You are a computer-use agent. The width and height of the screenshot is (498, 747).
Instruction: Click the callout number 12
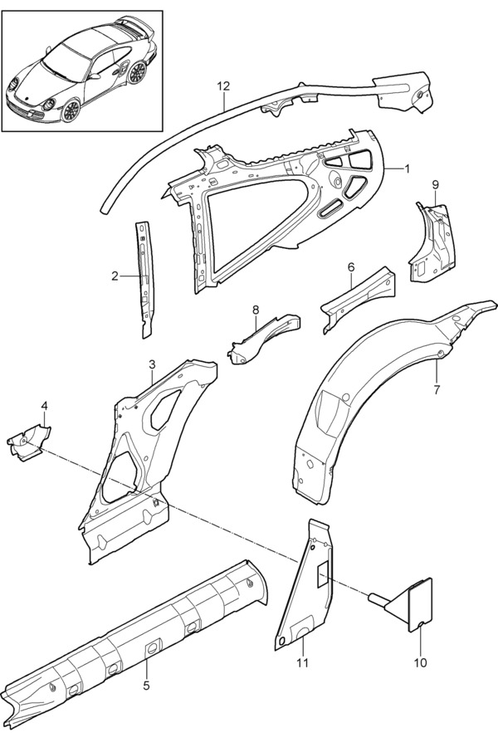(x=223, y=86)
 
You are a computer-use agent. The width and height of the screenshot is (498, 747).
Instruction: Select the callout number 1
(x=407, y=169)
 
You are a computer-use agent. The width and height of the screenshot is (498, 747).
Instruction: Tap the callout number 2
(x=115, y=276)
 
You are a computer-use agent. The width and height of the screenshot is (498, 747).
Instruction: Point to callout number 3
(x=152, y=364)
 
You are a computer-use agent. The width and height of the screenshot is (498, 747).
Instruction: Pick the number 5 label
(x=146, y=685)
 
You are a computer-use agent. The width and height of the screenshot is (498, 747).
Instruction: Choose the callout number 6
(x=351, y=267)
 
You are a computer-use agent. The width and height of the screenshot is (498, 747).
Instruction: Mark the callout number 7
(x=437, y=389)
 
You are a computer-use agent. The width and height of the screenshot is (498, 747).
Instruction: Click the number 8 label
(x=256, y=310)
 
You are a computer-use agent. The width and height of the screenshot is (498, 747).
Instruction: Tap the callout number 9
(x=435, y=184)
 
